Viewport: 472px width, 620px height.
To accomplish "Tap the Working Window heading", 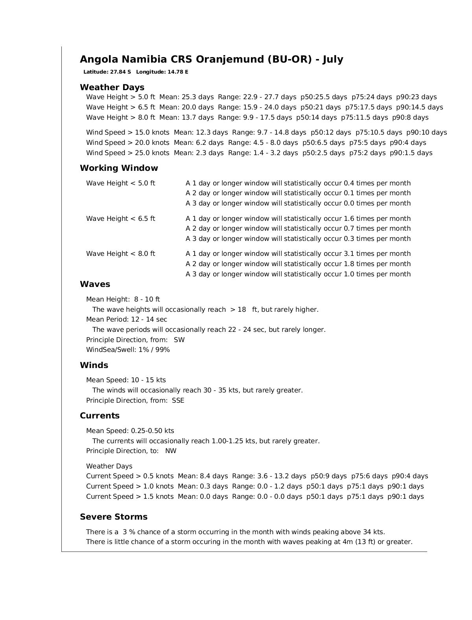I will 119,168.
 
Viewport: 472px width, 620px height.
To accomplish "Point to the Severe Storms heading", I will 114,517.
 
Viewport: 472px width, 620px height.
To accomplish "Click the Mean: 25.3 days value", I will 186,97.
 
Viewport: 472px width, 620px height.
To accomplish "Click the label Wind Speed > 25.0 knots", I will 127,153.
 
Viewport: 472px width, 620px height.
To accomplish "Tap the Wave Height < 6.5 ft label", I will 120,218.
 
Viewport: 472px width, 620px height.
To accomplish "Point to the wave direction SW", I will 179,340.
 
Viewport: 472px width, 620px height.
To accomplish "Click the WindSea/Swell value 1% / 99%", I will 154,350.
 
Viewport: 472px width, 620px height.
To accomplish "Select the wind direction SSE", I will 178,401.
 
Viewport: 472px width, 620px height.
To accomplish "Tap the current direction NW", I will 171,451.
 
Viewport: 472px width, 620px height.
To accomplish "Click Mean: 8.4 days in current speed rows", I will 203,476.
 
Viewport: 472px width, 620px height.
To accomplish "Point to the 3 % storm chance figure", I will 127,532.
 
